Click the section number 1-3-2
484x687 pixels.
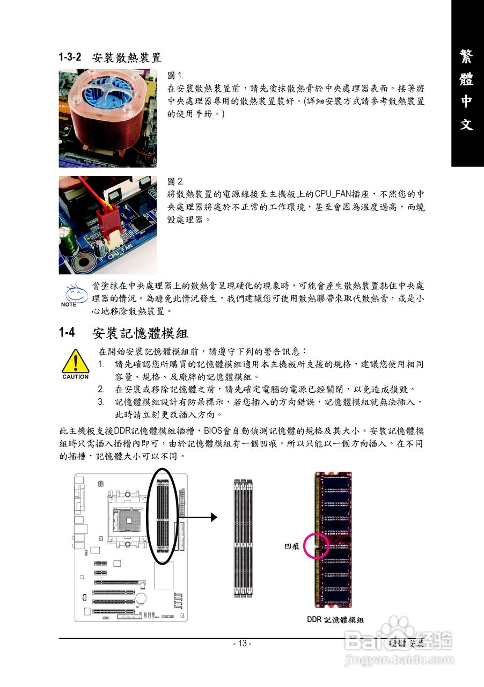70,56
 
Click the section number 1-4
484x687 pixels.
66,333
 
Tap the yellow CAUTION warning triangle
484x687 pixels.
75,362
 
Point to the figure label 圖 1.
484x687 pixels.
175,75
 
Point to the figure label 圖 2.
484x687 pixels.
175,182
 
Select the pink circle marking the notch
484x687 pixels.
317,546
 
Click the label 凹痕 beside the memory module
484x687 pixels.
292,546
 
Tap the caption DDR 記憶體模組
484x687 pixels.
335,620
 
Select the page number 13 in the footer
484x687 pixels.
242,644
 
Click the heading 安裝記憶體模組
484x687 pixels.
140,333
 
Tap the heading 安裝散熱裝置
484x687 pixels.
127,57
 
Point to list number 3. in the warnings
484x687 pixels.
101,402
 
